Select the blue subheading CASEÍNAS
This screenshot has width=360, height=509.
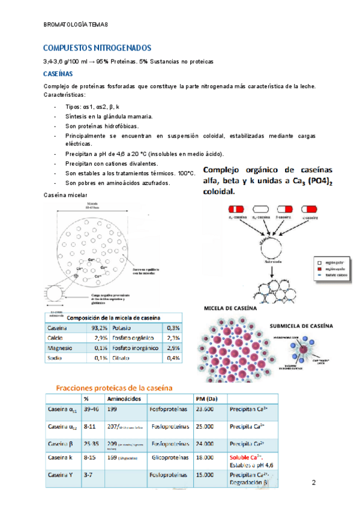tap(58, 74)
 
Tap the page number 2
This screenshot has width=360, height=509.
tap(313, 483)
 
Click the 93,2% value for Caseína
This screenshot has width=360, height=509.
tap(99, 328)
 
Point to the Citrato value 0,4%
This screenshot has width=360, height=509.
tap(173, 358)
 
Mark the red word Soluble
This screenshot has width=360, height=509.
tap(241, 457)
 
